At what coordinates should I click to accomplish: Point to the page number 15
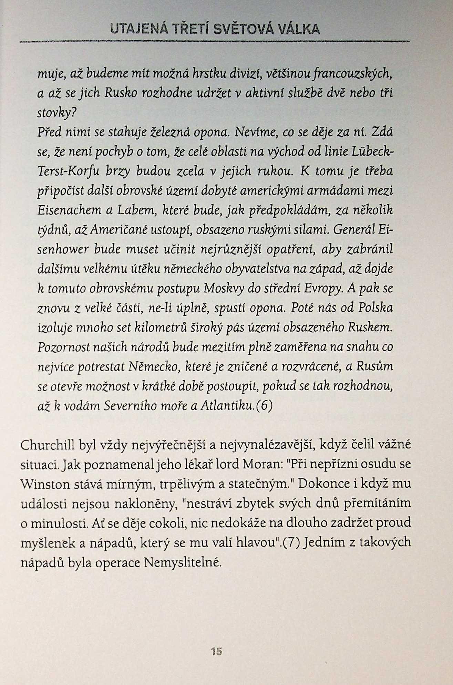tap(217, 651)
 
